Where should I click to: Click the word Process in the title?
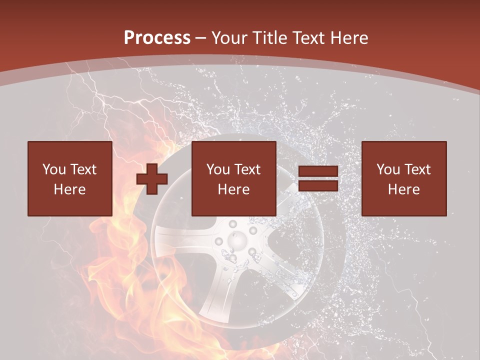coord(157,38)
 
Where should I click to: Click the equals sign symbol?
coord(318,179)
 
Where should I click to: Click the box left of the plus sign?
coord(69,178)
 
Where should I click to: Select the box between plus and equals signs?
coord(233,178)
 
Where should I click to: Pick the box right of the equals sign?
coord(403,178)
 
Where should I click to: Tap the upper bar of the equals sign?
coord(318,172)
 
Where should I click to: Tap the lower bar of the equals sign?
coord(318,186)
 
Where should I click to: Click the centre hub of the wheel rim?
coord(236,242)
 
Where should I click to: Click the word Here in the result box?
coord(403,189)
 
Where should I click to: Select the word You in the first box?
coord(54,169)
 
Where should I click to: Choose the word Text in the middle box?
coord(247,169)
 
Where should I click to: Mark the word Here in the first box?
coord(69,189)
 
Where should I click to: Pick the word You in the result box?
coord(388,169)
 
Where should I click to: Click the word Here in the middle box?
coord(233,189)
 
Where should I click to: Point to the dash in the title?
coord(201,38)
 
